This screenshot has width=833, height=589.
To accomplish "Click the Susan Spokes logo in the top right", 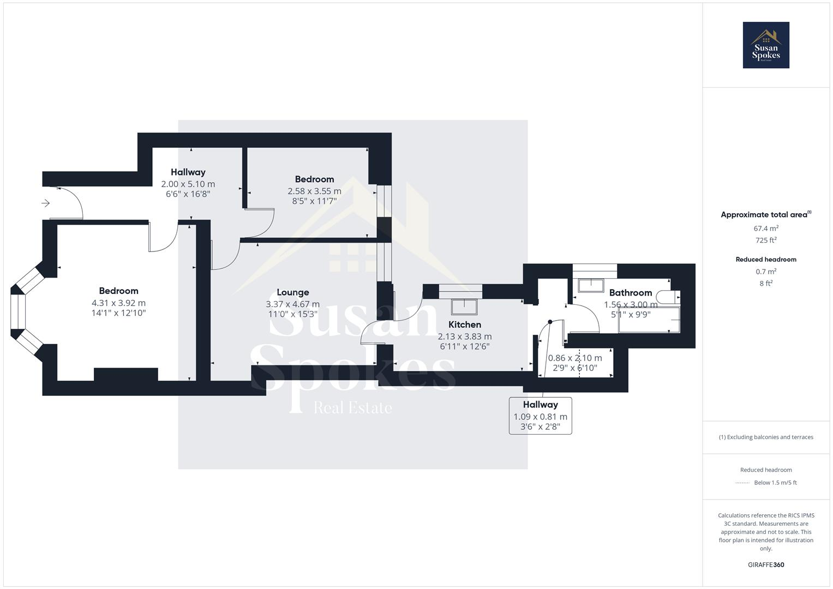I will tap(765, 45).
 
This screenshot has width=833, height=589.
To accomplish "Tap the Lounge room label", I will tap(292, 292).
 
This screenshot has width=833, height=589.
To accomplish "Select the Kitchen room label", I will tap(464, 324).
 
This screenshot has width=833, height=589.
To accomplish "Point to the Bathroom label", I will tap(630, 293).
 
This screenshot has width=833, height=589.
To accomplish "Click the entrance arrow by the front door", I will tap(46, 203).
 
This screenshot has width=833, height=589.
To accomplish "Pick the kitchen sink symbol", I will tap(464, 306).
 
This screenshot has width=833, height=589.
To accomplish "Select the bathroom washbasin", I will tap(591, 285).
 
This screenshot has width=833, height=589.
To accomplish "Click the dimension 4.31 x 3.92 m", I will tap(118, 303).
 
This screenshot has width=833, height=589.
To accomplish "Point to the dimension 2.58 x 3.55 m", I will tap(314, 191).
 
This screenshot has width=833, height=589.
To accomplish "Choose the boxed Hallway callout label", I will tap(540, 416).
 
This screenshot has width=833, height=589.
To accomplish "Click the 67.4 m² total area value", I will tap(766, 229).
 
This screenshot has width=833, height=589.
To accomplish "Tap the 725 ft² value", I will tap(766, 241).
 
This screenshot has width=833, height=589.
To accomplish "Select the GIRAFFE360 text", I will tap(766, 565).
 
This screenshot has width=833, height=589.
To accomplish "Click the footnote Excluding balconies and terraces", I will tap(766, 437).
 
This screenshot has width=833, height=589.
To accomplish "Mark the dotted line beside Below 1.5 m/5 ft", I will tap(742, 483).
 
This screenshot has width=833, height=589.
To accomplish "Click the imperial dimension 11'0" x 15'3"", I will tap(292, 314).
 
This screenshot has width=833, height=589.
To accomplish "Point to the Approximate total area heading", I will tap(764, 215).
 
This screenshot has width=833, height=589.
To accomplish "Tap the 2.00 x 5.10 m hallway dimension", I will tap(188, 184).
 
